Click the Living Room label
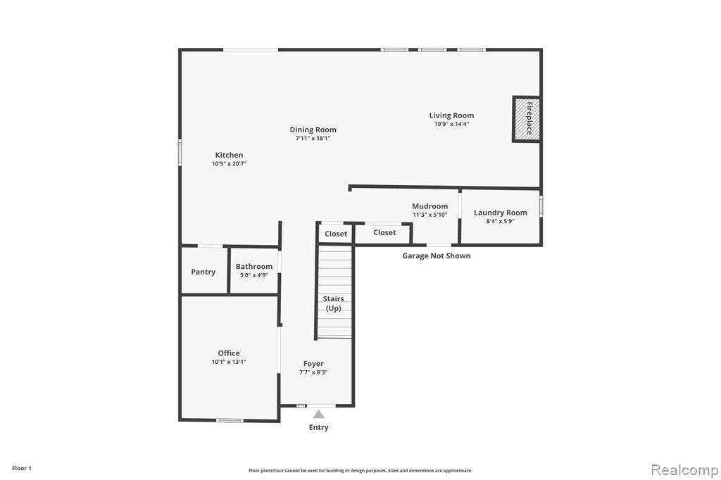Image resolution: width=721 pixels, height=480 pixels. (x=451, y=115)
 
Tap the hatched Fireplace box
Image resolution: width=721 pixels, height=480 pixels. (x=527, y=119)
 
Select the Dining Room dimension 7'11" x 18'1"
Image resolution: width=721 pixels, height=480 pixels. (x=313, y=139)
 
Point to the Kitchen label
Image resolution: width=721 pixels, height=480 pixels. (x=229, y=155)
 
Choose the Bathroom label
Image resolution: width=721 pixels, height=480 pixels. (x=253, y=266)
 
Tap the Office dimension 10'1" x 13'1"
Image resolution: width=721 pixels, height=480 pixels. (x=229, y=362)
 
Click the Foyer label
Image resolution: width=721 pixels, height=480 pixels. (x=313, y=364)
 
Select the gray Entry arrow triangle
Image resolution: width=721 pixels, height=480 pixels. (x=319, y=415)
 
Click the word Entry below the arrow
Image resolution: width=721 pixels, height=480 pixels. (x=319, y=427)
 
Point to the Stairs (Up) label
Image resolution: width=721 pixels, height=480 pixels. (x=333, y=303)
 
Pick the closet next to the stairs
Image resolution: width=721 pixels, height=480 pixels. (x=336, y=234)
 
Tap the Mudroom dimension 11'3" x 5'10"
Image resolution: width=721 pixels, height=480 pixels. (x=430, y=215)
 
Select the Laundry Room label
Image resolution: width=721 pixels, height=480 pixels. (x=501, y=213)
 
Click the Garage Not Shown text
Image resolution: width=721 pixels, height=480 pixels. (x=437, y=255)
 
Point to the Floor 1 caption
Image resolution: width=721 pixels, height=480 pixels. (x=22, y=468)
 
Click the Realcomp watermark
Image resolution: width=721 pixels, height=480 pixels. (x=684, y=470)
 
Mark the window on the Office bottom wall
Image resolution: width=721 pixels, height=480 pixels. (x=230, y=419)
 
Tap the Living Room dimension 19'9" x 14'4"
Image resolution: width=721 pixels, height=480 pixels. (x=451, y=124)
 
